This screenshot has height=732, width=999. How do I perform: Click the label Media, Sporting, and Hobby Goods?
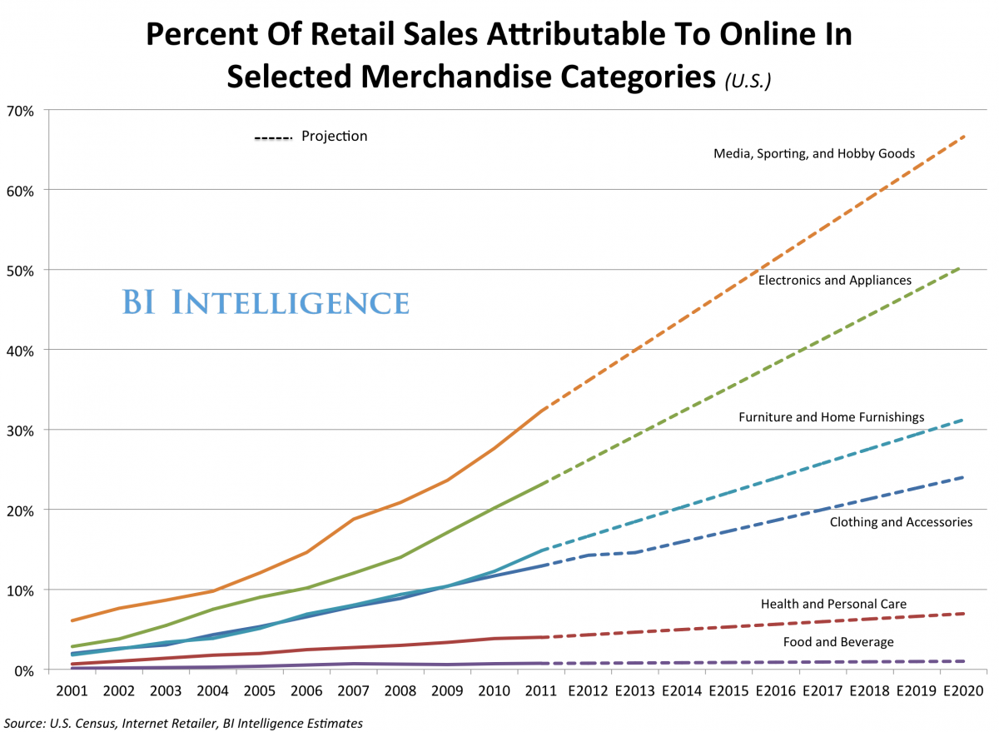(814, 153)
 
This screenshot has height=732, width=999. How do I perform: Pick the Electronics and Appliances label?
(834, 280)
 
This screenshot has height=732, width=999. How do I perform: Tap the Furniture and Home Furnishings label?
(831, 416)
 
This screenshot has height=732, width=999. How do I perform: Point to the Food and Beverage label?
(838, 642)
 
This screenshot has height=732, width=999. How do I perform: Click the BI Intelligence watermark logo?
(266, 303)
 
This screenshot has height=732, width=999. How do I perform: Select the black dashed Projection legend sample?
(273, 137)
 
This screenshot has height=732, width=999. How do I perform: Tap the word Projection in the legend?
(334, 136)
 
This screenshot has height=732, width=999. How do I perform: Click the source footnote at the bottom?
(183, 722)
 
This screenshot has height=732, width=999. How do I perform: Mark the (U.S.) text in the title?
(748, 81)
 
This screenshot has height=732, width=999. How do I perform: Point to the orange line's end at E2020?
(964, 136)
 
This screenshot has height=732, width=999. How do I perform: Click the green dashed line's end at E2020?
(962, 266)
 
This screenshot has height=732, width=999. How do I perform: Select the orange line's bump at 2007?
(354, 519)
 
